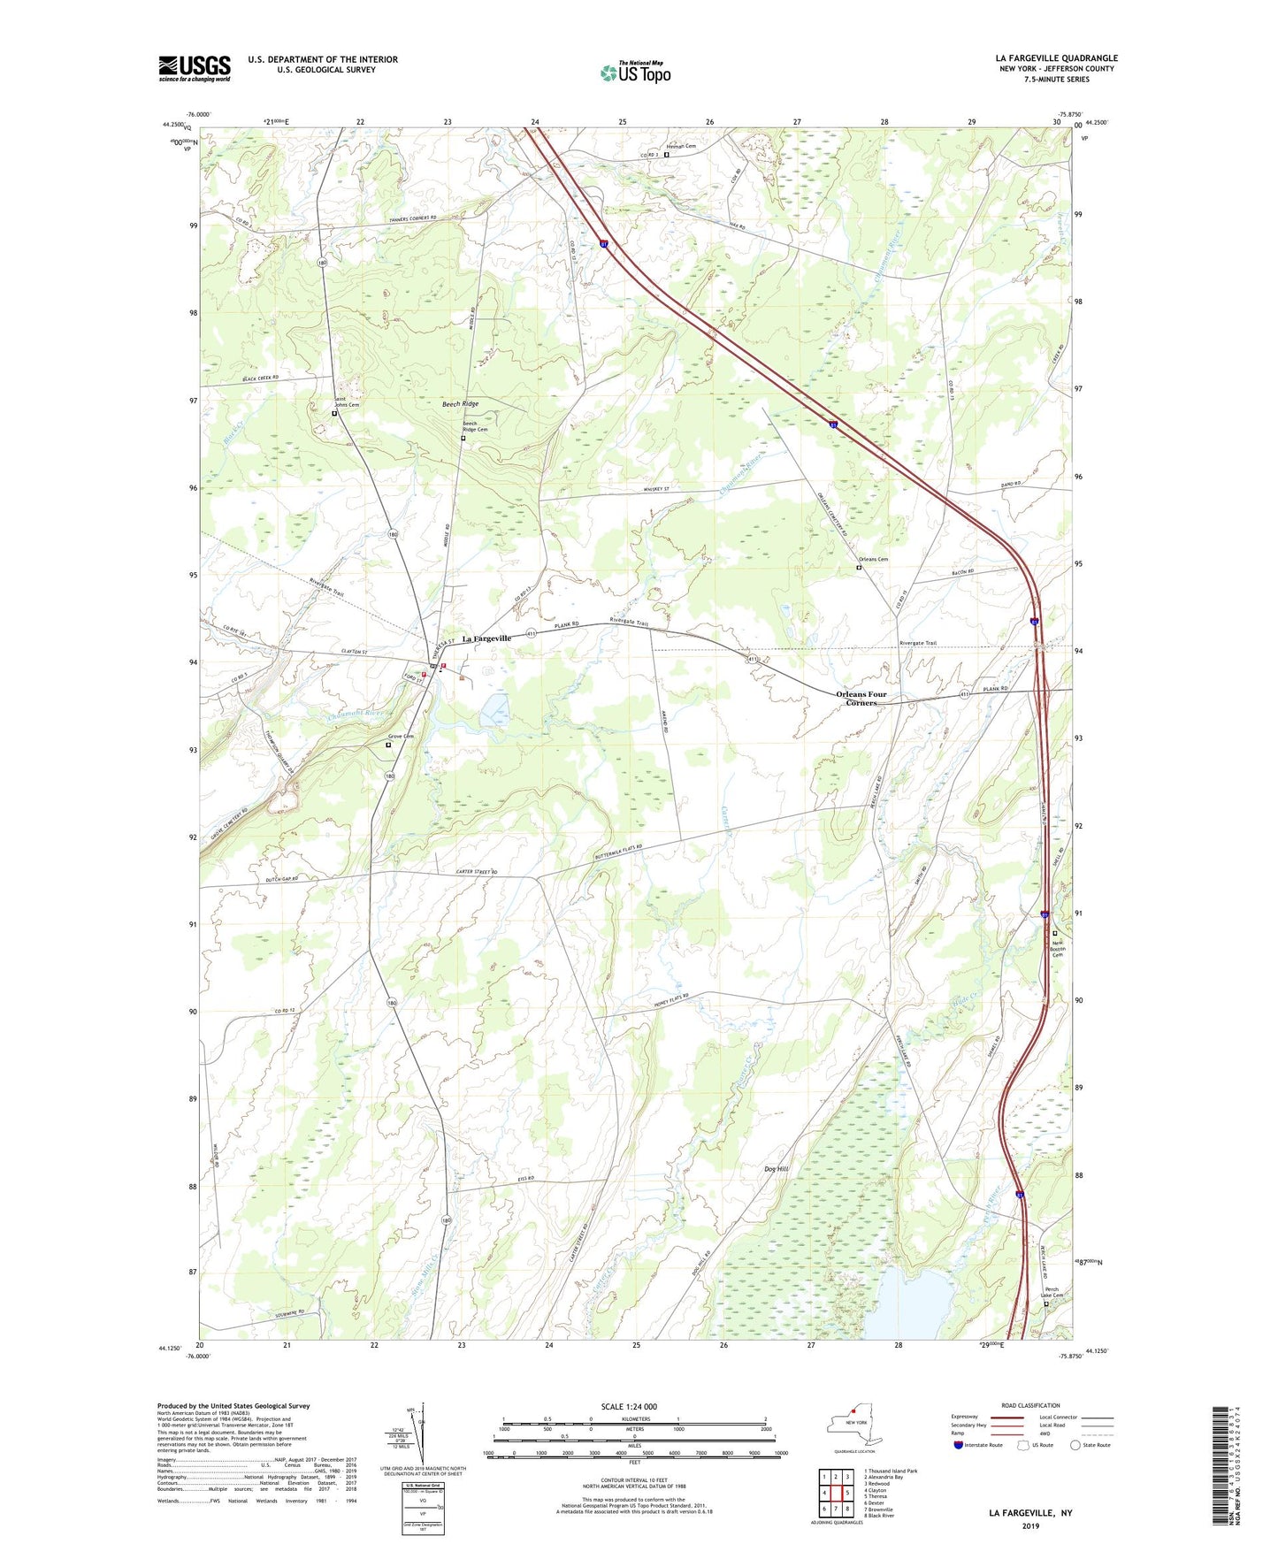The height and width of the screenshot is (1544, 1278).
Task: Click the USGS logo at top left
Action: tap(195, 68)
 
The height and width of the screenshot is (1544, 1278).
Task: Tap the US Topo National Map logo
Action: tap(635, 72)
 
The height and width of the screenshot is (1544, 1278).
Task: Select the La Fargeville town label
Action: tap(486, 638)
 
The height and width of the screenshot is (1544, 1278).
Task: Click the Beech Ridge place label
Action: tap(460, 403)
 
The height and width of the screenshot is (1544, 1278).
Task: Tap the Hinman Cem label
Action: tap(682, 146)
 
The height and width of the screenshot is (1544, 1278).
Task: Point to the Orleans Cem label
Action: tap(873, 559)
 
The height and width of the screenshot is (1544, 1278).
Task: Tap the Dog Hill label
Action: tap(776, 1168)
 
